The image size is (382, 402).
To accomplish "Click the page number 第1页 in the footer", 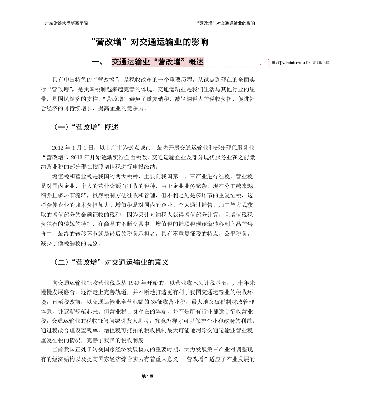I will [147, 376].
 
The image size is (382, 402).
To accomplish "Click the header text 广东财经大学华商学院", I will [66, 23].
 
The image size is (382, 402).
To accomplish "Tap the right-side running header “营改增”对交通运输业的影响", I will [226, 23].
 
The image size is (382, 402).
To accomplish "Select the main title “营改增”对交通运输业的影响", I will [150, 42].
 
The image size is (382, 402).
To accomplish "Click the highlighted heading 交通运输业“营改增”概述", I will [158, 62].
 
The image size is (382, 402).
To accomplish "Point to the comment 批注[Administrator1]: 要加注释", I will [300, 63].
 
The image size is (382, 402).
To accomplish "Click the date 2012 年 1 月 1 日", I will [74, 148].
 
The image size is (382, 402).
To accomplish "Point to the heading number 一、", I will [98, 62].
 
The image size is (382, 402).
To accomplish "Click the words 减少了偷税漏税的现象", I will [71, 244].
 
